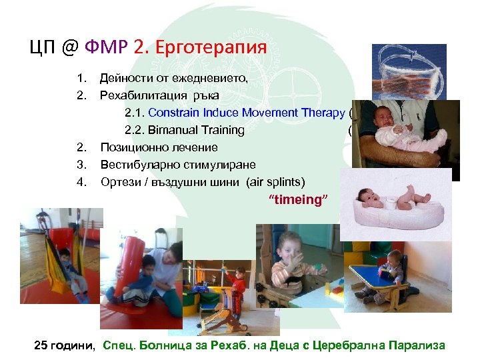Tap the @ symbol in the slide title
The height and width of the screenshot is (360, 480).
[72, 47]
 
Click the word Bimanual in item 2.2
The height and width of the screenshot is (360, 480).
[170, 130]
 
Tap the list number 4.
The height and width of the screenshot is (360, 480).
[80, 182]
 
